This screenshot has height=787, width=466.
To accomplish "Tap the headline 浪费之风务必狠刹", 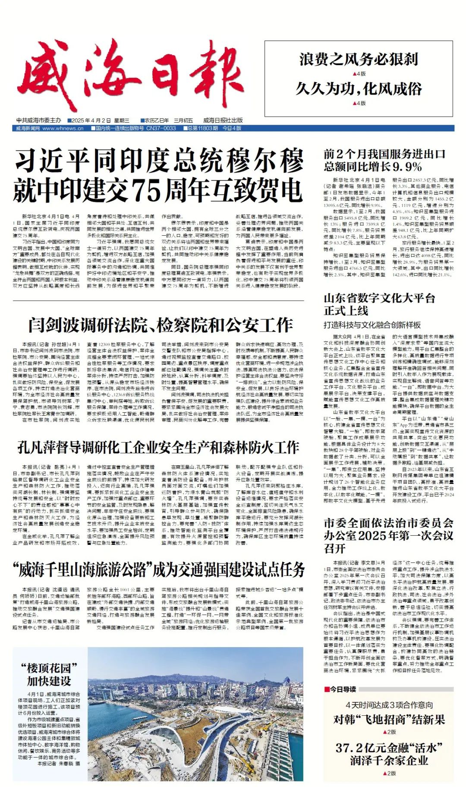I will (x=359, y=59).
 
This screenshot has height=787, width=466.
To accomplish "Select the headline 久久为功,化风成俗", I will (x=359, y=89).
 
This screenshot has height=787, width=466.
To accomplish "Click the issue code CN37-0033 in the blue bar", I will (x=161, y=128).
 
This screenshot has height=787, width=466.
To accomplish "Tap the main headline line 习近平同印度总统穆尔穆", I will (x=159, y=161).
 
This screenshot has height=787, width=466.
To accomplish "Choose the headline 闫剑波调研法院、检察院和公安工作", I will (x=161, y=325).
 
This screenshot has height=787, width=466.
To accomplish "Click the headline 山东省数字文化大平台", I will (x=379, y=298).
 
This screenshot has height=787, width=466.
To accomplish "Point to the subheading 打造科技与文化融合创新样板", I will (x=372, y=325).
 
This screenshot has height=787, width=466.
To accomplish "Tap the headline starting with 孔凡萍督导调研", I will (x=158, y=447).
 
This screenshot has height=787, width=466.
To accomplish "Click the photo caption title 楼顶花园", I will (x=49, y=668).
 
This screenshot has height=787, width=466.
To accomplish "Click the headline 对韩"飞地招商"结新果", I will (x=389, y=719).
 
